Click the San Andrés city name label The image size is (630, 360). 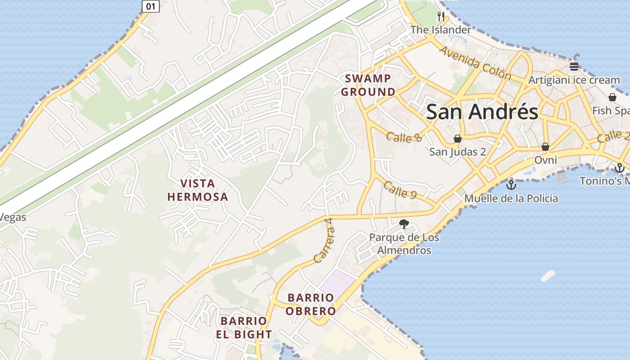(482, 112)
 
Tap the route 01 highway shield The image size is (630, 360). (151, 6)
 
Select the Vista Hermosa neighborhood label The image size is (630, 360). (198, 190)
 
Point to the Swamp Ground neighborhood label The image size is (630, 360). (368, 85)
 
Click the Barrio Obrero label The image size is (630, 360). (311, 304)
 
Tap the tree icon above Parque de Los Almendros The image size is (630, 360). (404, 224)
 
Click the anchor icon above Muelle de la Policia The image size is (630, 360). (511, 184)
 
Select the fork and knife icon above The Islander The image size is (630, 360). (441, 17)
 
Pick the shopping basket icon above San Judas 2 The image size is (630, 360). (458, 138)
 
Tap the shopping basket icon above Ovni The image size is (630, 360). (545, 146)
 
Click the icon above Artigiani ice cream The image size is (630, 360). (574, 67)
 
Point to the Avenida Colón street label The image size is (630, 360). (475, 63)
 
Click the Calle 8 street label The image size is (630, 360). (404, 137)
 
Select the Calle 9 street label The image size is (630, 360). (400, 189)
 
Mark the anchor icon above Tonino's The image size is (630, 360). (620, 168)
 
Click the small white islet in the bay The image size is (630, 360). (548, 276)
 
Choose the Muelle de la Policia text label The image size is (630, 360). (511, 198)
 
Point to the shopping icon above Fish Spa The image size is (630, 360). (612, 97)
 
